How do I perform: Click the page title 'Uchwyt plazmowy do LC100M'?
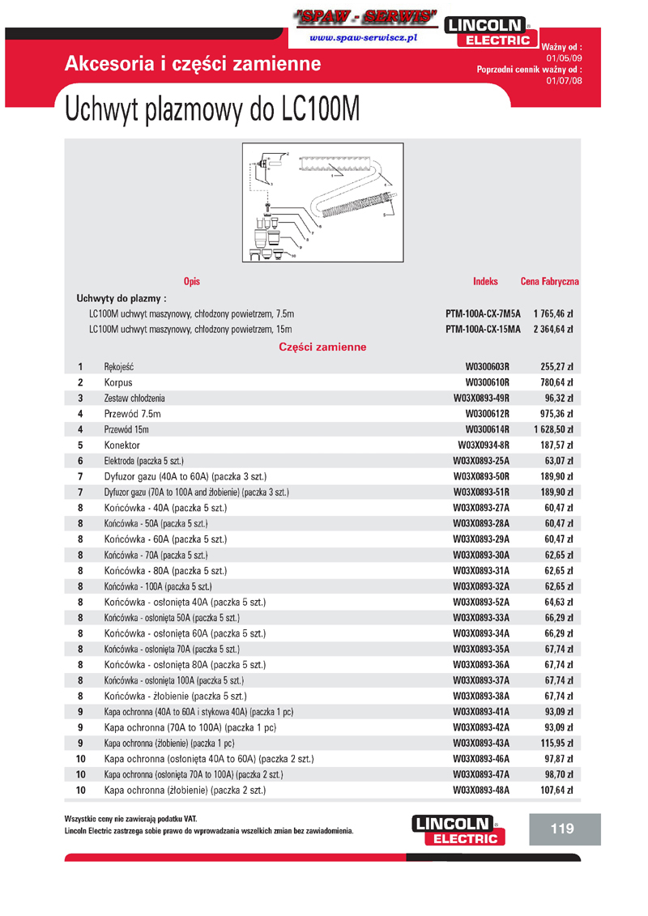pos(211,111)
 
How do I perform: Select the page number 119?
pos(561,829)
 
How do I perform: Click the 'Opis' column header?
pos(191,282)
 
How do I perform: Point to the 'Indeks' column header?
pos(485,282)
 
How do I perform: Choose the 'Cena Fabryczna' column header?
pos(549,282)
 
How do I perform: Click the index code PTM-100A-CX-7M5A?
pos(483,313)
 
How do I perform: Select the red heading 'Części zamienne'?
pos(322,347)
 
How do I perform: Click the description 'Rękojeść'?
pos(118,367)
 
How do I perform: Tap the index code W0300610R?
pos(487,382)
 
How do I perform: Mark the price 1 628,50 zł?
pos(552,429)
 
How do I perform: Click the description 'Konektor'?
pos(122,445)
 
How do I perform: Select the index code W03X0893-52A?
pos(480,603)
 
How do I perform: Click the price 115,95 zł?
pos(556,743)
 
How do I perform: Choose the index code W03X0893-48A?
pos(480,790)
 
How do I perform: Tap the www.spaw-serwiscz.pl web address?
pos(363,38)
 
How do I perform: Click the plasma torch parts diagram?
pos(322,202)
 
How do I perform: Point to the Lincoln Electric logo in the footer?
pos(458,830)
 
